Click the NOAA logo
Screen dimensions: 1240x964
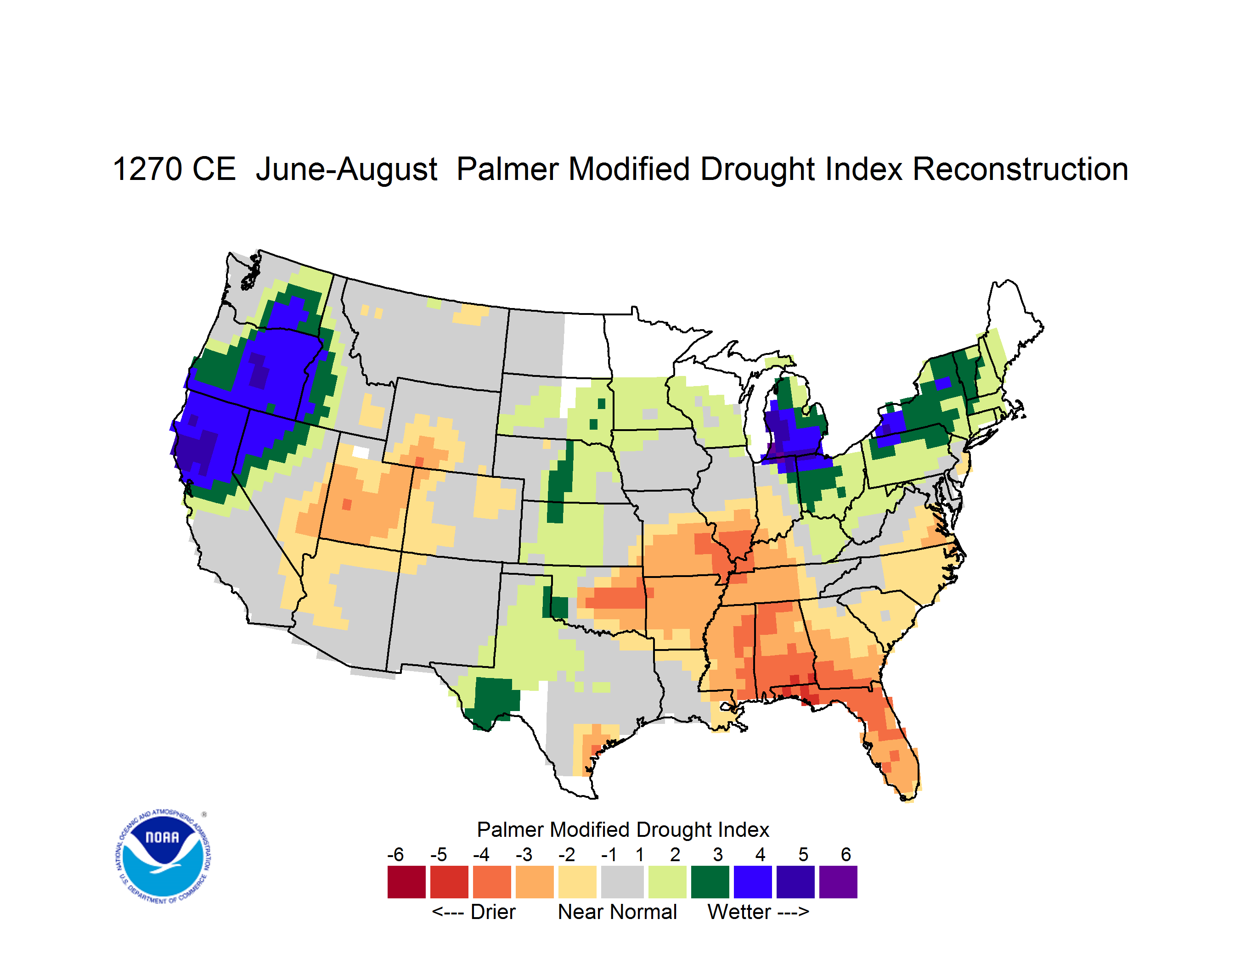pyautogui.click(x=163, y=857)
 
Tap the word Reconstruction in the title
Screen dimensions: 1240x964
pyautogui.click(x=1020, y=169)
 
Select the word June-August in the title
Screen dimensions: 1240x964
pyautogui.click(x=346, y=169)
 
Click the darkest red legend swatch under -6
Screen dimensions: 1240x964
pyautogui.click(x=406, y=882)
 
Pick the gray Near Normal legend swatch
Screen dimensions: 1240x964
pyautogui.click(x=622, y=882)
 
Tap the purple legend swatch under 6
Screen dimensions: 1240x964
pyautogui.click(x=838, y=882)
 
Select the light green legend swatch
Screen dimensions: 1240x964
pyautogui.click(x=668, y=882)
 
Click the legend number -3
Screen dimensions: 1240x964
pyautogui.click(x=524, y=854)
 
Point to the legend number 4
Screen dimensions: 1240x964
pyautogui.click(x=760, y=854)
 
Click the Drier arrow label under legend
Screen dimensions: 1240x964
pyautogui.click(x=473, y=912)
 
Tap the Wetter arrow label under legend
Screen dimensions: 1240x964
pyautogui.click(x=758, y=912)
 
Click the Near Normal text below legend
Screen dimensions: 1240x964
pyautogui.click(x=617, y=912)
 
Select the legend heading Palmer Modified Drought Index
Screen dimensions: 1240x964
pyautogui.click(x=623, y=829)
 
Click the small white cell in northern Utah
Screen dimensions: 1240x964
pyautogui.click(x=361, y=452)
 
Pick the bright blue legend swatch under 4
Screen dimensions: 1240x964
pyautogui.click(x=753, y=882)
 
